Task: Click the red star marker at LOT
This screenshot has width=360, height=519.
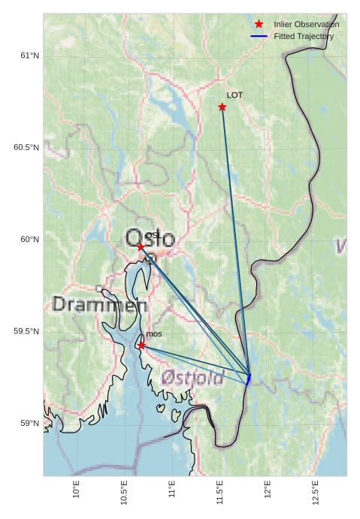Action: click(x=222, y=107)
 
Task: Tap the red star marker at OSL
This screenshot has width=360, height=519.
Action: click(x=141, y=246)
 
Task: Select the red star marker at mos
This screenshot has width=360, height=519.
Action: click(x=141, y=345)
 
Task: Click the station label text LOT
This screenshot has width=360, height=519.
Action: click(x=234, y=95)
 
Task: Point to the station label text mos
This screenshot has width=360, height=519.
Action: click(x=153, y=334)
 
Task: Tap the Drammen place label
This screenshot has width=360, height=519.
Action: click(x=100, y=305)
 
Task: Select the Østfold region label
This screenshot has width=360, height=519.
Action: click(x=193, y=377)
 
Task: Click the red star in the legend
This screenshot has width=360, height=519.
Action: click(x=259, y=24)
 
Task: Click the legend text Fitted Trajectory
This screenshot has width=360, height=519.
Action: click(x=304, y=36)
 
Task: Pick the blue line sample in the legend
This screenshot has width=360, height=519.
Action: click(x=259, y=36)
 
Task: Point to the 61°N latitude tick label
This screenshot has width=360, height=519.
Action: click(x=29, y=56)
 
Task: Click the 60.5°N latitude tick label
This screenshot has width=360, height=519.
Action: click(x=26, y=147)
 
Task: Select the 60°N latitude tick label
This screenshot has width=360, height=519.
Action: click(x=29, y=240)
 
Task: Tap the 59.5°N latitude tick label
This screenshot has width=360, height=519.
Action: click(x=26, y=331)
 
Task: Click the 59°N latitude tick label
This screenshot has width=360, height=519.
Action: click(x=29, y=424)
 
